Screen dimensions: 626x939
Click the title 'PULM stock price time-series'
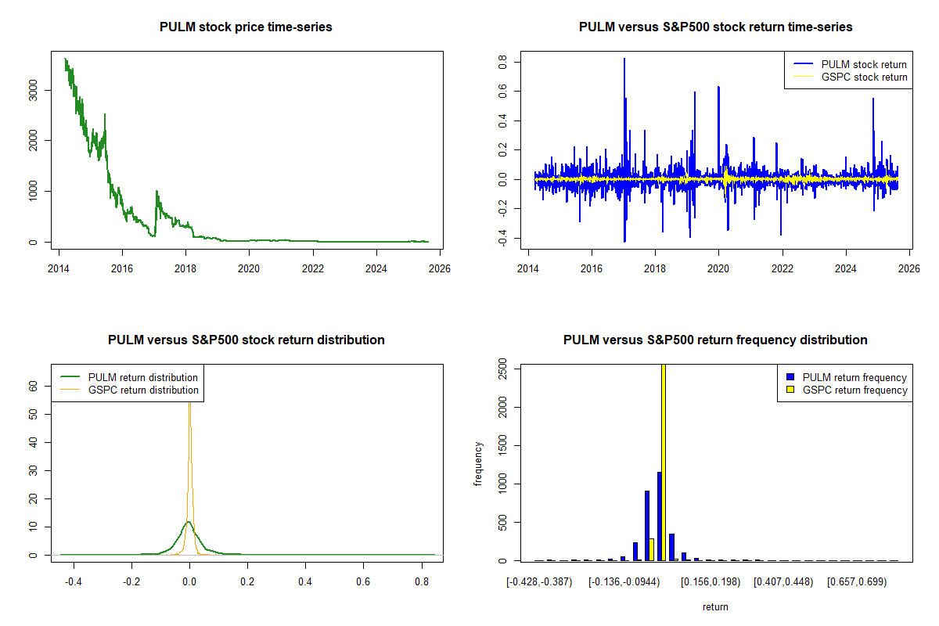(246, 27)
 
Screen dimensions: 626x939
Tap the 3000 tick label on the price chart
(33, 90)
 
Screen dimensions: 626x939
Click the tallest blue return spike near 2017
(624, 59)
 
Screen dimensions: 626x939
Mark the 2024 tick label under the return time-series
(845, 266)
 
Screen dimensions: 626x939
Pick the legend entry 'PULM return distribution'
(142, 377)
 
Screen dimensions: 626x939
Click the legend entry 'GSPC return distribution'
(142, 390)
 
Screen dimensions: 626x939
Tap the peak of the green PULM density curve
(188, 521)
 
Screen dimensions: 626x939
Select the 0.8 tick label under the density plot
(421, 582)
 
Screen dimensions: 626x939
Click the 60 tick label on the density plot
(33, 386)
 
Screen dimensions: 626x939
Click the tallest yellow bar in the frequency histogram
(664, 462)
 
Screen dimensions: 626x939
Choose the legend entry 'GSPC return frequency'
(854, 390)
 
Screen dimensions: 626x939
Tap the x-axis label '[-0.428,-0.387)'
(539, 582)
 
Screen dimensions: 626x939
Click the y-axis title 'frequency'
(478, 464)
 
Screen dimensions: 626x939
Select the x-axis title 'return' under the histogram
(715, 606)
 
